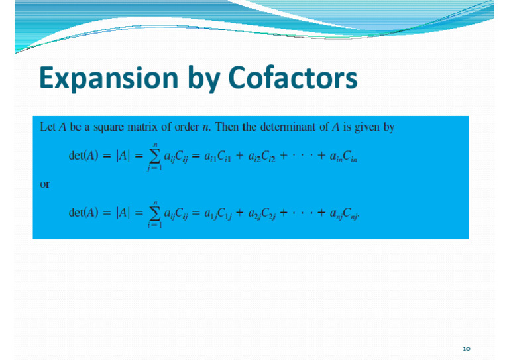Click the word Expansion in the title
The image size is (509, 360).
109,78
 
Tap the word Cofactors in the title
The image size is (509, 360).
293,78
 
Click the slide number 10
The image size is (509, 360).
467,349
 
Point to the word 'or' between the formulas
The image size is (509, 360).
45,184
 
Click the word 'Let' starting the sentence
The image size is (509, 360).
48,127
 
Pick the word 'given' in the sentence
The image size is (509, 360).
367,127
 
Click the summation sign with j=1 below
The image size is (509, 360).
154,156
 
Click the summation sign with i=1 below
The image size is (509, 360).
154,213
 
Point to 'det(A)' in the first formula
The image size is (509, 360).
84,156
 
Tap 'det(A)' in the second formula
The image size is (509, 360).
84,213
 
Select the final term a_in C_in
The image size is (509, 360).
343,156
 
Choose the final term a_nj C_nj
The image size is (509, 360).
344,213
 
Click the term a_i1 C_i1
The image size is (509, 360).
217,156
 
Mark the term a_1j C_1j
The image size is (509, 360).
218,213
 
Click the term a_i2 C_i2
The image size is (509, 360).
262,156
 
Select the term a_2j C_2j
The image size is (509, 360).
262,213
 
